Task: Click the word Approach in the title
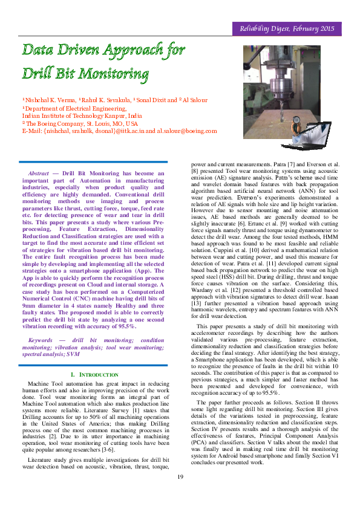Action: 131,50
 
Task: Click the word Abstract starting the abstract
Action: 39,172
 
